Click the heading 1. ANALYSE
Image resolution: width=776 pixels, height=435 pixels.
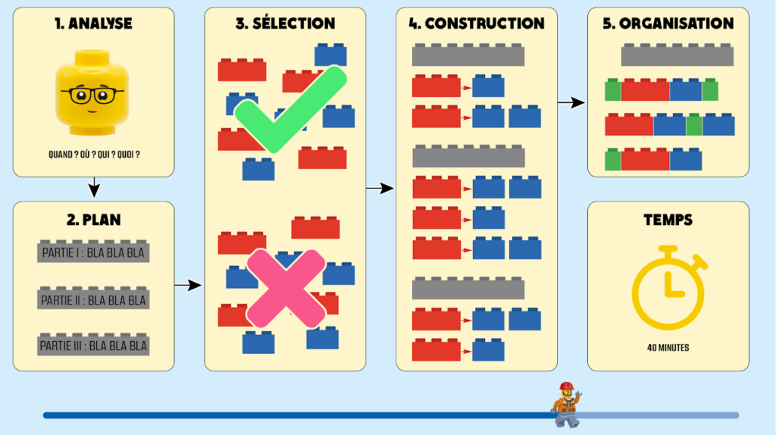[x=93, y=23]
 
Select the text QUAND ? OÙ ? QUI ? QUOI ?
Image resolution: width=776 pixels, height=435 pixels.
[x=93, y=155]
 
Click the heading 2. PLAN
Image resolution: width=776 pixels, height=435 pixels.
[x=93, y=220]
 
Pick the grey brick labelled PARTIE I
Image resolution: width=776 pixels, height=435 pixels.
[x=93, y=252]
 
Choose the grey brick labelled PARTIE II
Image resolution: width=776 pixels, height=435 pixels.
[x=93, y=299]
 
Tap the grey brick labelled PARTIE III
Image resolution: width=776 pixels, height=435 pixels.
[x=93, y=346]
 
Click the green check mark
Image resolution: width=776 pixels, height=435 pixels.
[x=289, y=110]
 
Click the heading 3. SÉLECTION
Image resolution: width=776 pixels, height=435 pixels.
[x=285, y=23]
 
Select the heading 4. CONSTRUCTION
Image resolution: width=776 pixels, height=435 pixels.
[x=477, y=23]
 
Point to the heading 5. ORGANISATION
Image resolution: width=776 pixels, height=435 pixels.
[x=668, y=23]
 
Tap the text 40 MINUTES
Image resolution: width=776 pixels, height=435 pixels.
[x=668, y=349]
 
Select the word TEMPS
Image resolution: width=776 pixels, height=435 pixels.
[x=668, y=220]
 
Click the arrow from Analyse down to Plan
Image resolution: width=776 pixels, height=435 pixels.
[x=93, y=186]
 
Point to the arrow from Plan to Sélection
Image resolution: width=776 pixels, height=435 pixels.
[x=189, y=285]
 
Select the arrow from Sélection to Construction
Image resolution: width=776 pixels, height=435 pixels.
[x=380, y=188]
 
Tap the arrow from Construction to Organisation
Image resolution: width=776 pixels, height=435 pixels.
[x=572, y=102]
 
